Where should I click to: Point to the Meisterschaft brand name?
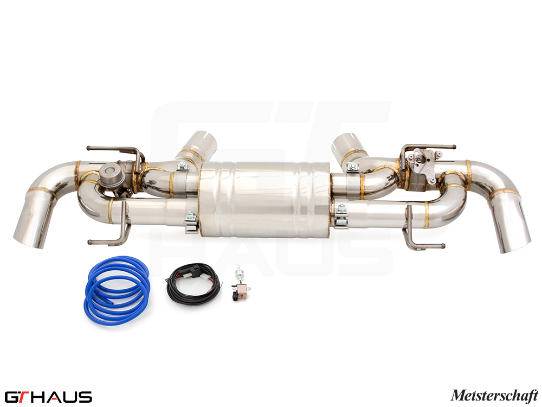(x=494, y=395)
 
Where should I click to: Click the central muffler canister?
(x=264, y=199)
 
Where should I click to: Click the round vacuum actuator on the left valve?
(x=109, y=173)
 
